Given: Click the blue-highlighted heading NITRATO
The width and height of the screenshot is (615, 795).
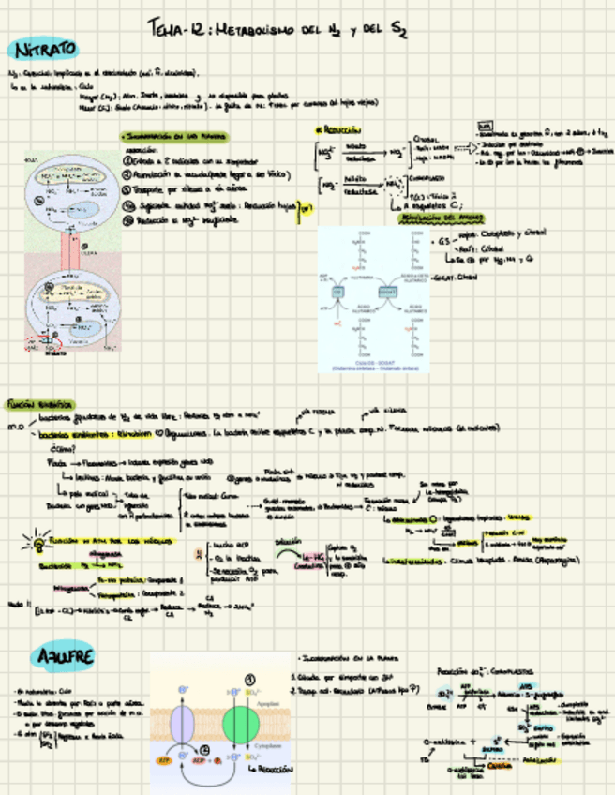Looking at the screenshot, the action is tap(42, 49).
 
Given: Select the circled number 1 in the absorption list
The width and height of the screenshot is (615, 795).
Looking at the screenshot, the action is tap(128, 160).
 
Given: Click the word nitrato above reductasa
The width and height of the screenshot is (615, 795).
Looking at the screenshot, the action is tap(357, 146).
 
